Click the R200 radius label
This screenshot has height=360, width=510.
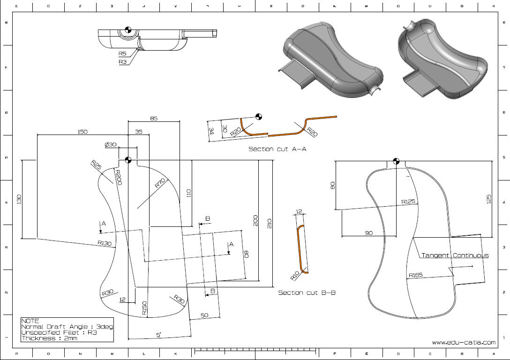pyautogui.click(x=118, y=177)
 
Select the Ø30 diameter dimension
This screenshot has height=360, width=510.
pyautogui.click(x=111, y=145)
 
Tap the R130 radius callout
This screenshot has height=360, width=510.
pyautogui.click(x=105, y=243)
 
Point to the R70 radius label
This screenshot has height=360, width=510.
pyautogui.click(x=161, y=183)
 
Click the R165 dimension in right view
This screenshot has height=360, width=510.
pyautogui.click(x=415, y=275)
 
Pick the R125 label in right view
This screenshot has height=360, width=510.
pyautogui.click(x=408, y=202)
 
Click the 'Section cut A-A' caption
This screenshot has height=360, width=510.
pyautogui.click(x=277, y=149)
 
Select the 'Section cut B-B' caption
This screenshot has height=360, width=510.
pyautogui.click(x=307, y=292)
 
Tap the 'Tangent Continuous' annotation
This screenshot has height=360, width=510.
pyautogui.click(x=455, y=255)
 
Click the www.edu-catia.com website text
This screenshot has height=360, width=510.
pyautogui.click(x=463, y=342)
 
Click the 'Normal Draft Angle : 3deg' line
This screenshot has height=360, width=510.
pyautogui.click(x=67, y=327)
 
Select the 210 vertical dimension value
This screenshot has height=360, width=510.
pyautogui.click(x=269, y=222)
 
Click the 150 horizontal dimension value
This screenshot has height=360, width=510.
pyautogui.click(x=82, y=132)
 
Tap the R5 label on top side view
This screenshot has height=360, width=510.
pyautogui.click(x=122, y=54)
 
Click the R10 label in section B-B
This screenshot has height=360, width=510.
pyautogui.click(x=295, y=275)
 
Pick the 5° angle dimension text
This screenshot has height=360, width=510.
pyautogui.click(x=159, y=334)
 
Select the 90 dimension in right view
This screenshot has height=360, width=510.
pyautogui.click(x=369, y=232)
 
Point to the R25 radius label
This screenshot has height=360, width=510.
pyautogui.click(x=96, y=165)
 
